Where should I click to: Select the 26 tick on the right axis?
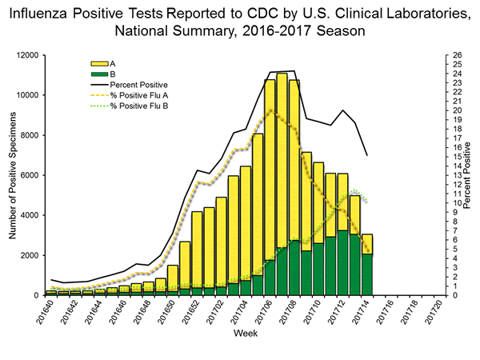tap(455, 55)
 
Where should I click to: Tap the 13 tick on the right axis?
tap(455, 175)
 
